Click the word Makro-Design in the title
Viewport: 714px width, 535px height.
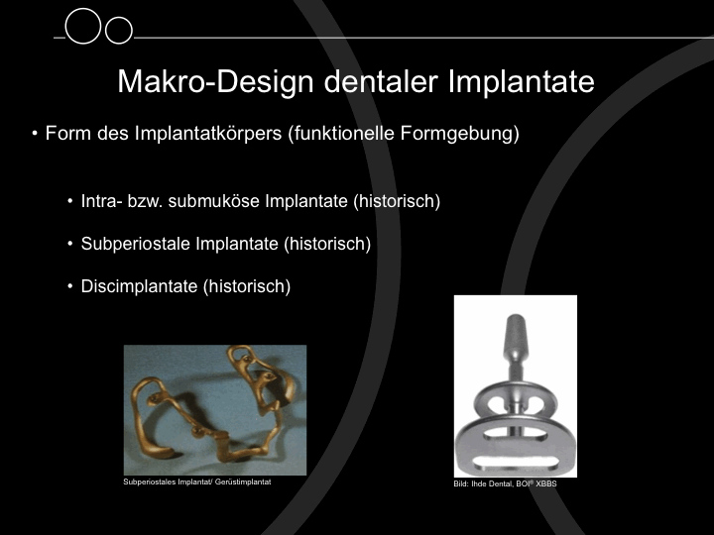[216, 82]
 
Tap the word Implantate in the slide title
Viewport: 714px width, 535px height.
[522, 81]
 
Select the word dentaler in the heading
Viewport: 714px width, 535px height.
[381, 81]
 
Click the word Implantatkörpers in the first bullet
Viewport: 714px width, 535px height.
[208, 134]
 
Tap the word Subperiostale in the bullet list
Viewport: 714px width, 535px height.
[134, 244]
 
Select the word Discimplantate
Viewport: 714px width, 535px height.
[140, 286]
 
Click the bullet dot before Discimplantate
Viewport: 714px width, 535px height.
[69, 286]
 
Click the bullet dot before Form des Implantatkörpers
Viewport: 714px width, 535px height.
[35, 134]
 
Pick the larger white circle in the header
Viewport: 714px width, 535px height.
[83, 26]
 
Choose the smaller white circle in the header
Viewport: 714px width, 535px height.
[119, 30]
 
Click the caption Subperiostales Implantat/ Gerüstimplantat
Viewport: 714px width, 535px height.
[197, 481]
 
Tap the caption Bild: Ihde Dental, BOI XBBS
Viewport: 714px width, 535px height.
[505, 483]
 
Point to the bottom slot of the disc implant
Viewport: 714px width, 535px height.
[515, 463]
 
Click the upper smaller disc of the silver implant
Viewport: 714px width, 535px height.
[515, 400]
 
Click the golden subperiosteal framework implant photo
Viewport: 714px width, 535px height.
[215, 410]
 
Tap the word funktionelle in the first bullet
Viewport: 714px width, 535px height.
[341, 134]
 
